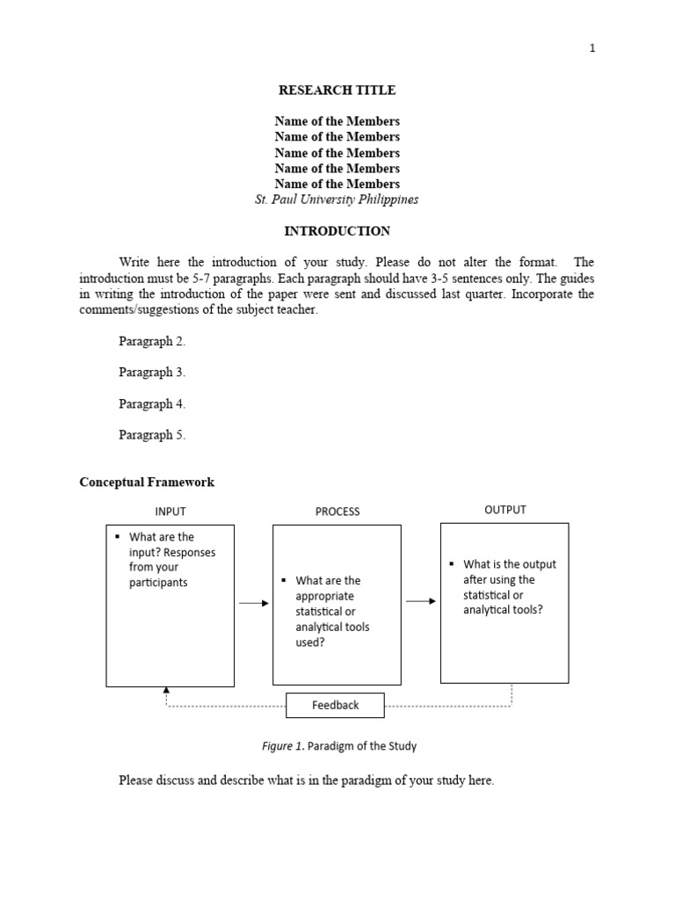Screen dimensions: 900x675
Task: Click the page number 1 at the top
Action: click(592, 48)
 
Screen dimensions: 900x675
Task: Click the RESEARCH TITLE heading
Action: click(337, 90)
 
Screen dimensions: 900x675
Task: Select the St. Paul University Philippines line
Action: click(337, 200)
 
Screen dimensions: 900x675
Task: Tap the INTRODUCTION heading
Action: click(337, 231)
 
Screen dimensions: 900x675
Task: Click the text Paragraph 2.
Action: click(152, 341)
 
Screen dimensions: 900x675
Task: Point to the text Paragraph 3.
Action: click(152, 373)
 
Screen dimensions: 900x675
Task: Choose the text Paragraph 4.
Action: click(152, 404)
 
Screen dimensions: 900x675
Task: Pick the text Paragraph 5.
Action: click(152, 435)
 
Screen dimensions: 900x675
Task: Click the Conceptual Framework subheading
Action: click(147, 483)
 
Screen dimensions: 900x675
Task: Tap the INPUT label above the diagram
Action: click(171, 512)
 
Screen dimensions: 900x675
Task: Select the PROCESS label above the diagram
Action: click(337, 512)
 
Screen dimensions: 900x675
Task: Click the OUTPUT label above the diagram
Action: click(505, 510)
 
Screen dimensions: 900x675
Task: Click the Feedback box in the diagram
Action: click(335, 705)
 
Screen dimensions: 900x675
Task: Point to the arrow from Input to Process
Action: click(254, 603)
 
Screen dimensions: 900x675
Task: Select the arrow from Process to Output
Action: click(420, 601)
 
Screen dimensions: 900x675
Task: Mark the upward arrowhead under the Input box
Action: click(166, 692)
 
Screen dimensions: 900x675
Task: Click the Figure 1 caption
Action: click(339, 746)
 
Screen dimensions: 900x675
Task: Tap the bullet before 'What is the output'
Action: click(451, 564)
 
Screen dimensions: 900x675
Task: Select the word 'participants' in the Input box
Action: click(158, 583)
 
